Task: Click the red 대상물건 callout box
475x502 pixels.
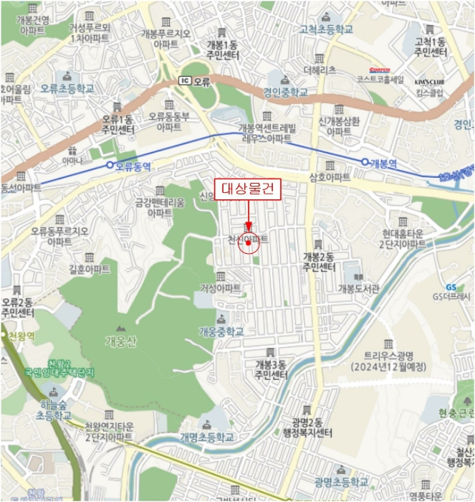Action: (x=248, y=189)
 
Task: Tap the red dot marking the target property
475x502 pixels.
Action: (x=248, y=243)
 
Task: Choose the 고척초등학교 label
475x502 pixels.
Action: (x=327, y=29)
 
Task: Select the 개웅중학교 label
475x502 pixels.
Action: (x=221, y=331)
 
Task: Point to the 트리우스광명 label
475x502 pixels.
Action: (x=389, y=361)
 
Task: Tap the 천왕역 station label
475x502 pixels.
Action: (x=22, y=335)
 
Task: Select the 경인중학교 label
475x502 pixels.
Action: (x=285, y=93)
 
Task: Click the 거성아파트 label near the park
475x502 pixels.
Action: (x=221, y=288)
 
